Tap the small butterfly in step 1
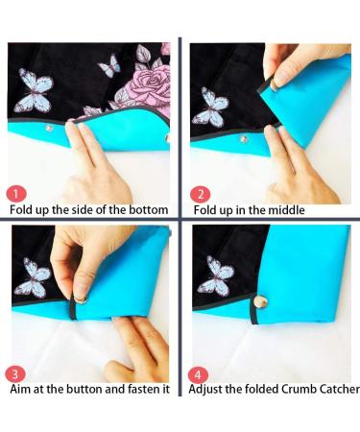pos(109,65)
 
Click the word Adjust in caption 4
pos(207,389)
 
